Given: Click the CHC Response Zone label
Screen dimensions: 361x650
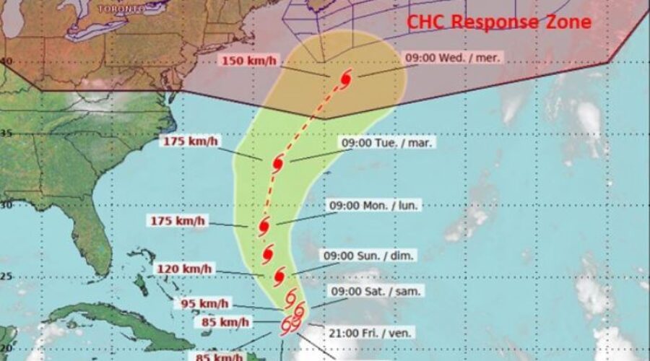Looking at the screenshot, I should click(x=499, y=22).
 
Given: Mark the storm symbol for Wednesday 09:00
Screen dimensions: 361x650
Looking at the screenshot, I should click(x=345, y=78).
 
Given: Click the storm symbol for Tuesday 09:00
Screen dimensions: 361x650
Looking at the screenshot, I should click(x=277, y=164).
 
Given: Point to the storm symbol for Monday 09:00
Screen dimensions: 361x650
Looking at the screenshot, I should click(x=264, y=226).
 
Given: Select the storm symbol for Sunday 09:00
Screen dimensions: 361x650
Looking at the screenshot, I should click(x=280, y=275).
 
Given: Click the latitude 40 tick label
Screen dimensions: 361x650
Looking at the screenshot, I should click(x=5, y=62).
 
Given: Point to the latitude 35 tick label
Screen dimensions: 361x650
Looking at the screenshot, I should click(x=5, y=133).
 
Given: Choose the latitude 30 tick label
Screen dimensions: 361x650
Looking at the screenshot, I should click(x=5, y=204).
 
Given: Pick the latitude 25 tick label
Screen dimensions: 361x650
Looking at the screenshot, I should click(x=5, y=275).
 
